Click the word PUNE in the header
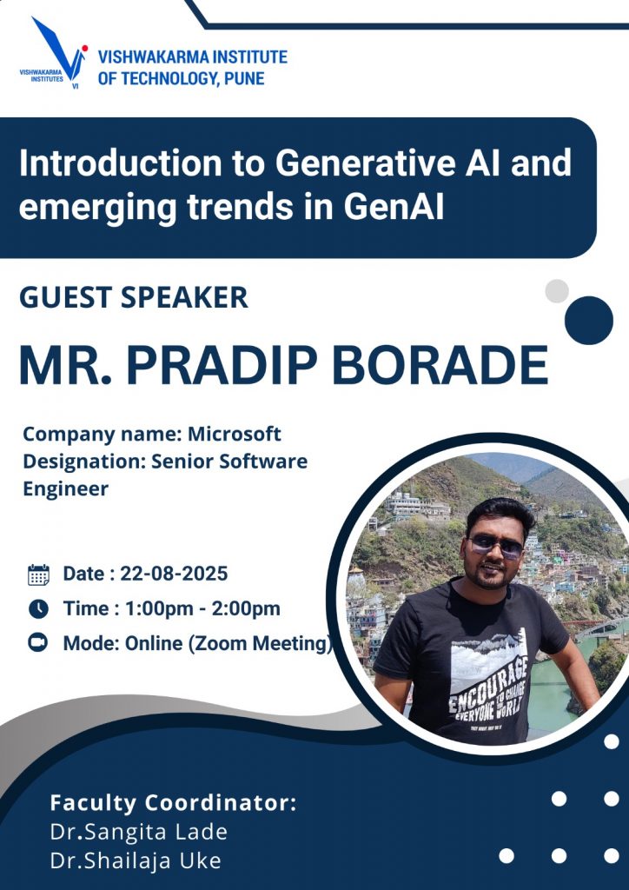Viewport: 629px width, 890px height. pos(244,77)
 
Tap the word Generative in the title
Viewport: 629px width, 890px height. pos(365,163)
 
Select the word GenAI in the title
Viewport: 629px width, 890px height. pos(393,207)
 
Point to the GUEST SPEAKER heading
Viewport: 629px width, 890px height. pos(134,297)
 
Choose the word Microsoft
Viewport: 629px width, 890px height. pos(235,435)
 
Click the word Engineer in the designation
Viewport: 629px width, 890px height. pos(65,488)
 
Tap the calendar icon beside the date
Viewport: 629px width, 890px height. pos(38,575)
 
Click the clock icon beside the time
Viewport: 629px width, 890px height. pos(38,609)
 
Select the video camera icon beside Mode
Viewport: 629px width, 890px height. pos(38,643)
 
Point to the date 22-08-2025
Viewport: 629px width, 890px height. pos(174,574)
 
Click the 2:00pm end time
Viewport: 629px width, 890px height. pos(246,608)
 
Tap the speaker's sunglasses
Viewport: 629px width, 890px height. pos(496,546)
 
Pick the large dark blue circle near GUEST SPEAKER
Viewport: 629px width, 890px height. pos(589,320)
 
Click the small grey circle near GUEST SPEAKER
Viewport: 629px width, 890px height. pos(557,290)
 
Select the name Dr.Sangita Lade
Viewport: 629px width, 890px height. pos(138,832)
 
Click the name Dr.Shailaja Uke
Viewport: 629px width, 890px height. pos(135,861)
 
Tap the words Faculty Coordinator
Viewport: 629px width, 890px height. pos(173,803)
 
